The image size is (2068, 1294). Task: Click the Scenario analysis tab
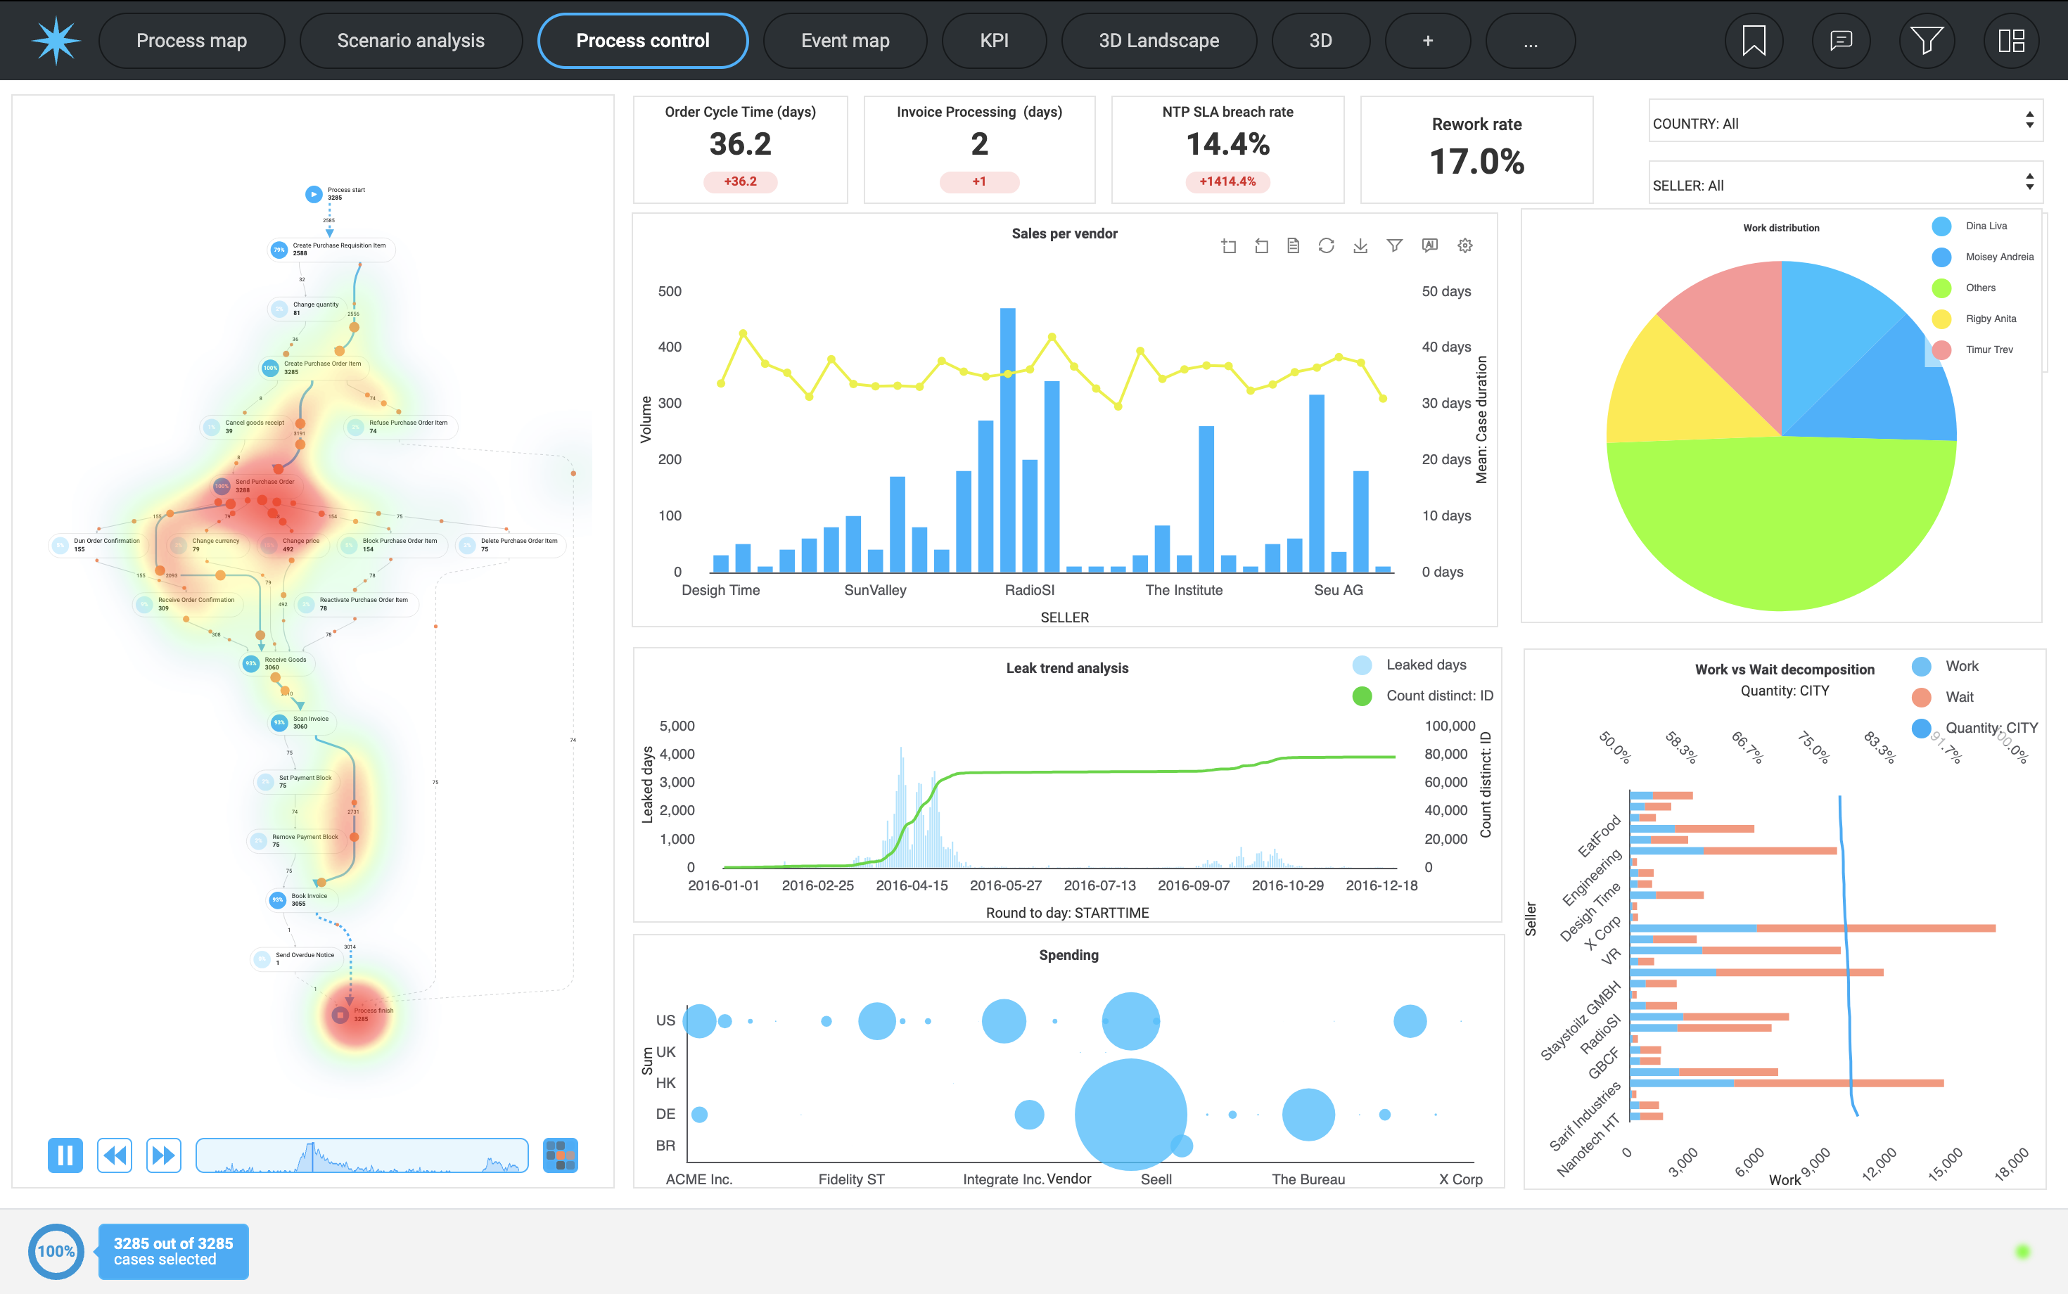point(410,40)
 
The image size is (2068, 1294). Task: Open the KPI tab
point(994,40)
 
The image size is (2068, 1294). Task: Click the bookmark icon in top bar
point(1753,40)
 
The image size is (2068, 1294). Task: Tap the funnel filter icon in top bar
point(1926,40)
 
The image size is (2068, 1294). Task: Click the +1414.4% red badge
point(1227,181)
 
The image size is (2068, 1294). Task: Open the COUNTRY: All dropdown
point(1844,123)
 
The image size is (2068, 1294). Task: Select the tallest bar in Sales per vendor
point(1007,440)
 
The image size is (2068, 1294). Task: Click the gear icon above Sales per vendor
point(1464,245)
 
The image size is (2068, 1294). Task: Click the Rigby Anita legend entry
point(1990,319)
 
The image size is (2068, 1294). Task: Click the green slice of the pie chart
point(1780,522)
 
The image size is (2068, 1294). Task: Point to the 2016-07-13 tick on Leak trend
point(1099,885)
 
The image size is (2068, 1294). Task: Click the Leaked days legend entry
point(1425,665)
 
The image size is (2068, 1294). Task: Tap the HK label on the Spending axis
point(665,1082)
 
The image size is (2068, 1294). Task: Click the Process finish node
point(340,1015)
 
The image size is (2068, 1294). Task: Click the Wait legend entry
point(1958,697)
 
